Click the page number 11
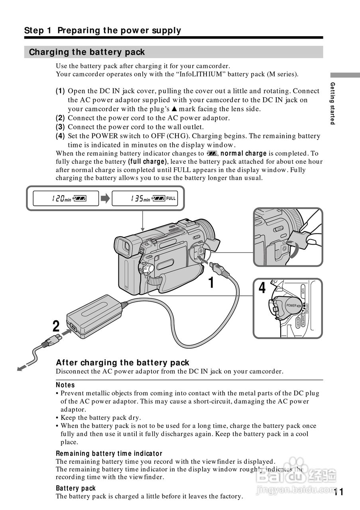tap(338, 492)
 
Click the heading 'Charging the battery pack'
tap(87, 52)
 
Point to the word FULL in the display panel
tap(171, 198)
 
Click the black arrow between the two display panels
tap(105, 198)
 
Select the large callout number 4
tap(262, 288)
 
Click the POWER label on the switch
tap(291, 306)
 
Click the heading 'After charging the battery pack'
tap(122, 363)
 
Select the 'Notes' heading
tap(65, 385)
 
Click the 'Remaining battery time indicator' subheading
tap(109, 453)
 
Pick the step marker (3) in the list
tap(60, 127)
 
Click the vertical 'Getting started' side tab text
tap(332, 103)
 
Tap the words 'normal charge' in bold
tap(244, 153)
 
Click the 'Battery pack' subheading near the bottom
tap(76, 488)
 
